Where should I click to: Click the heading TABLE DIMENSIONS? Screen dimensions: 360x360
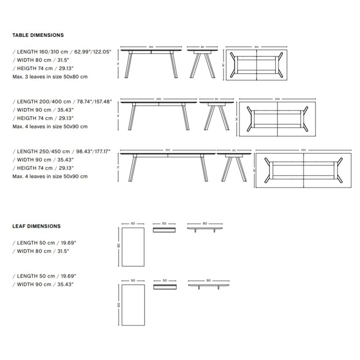click(38, 35)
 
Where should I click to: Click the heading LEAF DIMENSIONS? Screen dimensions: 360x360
click(36, 226)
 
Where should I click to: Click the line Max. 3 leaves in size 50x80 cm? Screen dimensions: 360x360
click(50, 77)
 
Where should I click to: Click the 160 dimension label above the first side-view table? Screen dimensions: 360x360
click(150, 47)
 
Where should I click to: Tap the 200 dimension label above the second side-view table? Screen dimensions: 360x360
click(158, 98)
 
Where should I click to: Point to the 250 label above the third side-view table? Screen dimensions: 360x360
click(167, 150)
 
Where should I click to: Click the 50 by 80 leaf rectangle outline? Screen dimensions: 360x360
click(133, 248)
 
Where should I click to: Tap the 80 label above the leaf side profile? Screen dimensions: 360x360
click(205, 223)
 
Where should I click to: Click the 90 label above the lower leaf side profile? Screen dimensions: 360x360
click(208, 280)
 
